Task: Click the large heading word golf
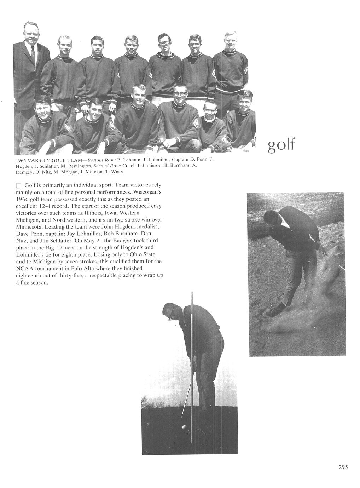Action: [281, 145]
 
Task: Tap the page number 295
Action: [343, 467]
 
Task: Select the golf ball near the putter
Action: [184, 427]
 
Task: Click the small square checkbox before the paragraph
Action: [19, 186]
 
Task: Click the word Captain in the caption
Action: [181, 160]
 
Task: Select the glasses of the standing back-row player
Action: [164, 43]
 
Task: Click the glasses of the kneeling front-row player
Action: [180, 94]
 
